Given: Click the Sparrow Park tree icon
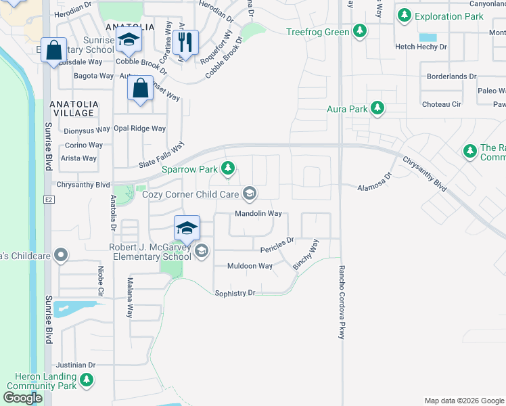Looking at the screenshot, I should tap(229, 167).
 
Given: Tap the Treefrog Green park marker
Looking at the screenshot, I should tap(361, 32).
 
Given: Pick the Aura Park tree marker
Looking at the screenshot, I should tap(377, 108).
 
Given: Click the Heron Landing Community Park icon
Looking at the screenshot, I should tap(86, 380).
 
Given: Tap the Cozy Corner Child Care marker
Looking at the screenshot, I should tap(250, 194).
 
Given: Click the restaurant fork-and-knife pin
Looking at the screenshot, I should tap(185, 43).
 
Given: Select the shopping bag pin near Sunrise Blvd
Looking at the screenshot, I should tap(53, 49).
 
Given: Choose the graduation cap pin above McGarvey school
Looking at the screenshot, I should tap(187, 227).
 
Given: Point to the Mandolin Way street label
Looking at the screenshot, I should tap(258, 214).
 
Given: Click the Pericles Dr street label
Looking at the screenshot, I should tap(277, 240).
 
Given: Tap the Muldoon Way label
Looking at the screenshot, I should tap(250, 266).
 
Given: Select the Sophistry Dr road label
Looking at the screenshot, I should tap(235, 293).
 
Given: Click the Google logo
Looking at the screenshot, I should tap(23, 398).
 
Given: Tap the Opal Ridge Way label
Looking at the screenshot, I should tap(139, 129).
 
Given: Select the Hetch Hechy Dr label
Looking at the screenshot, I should tap(421, 47).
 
